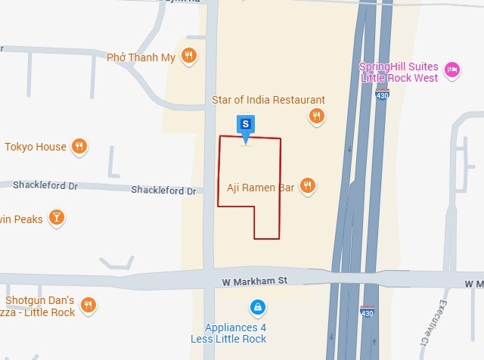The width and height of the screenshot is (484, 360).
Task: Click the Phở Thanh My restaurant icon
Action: coord(190,55)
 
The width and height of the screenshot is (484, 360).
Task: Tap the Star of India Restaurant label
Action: coord(268,100)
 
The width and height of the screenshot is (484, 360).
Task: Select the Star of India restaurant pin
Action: coord(316,116)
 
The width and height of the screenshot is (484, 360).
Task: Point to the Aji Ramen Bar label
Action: coord(260,187)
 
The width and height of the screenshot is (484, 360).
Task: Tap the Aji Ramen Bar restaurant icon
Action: coord(307,185)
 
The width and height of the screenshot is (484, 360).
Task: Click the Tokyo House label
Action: coord(36,147)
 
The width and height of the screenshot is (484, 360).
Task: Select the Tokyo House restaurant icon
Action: coord(79,147)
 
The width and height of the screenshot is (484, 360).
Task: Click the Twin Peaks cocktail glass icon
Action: coord(56,219)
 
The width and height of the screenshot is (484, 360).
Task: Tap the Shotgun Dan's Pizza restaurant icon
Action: coord(89,305)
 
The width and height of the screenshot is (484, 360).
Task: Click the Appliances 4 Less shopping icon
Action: coord(258,307)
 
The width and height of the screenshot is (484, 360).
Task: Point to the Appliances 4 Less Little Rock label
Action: coord(236,333)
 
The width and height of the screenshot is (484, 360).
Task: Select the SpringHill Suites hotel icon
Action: coord(452,70)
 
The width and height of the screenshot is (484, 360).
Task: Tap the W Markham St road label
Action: coord(255,281)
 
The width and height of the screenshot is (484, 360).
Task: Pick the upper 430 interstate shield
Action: coord(383,95)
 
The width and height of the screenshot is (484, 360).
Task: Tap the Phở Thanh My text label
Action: coord(141,57)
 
